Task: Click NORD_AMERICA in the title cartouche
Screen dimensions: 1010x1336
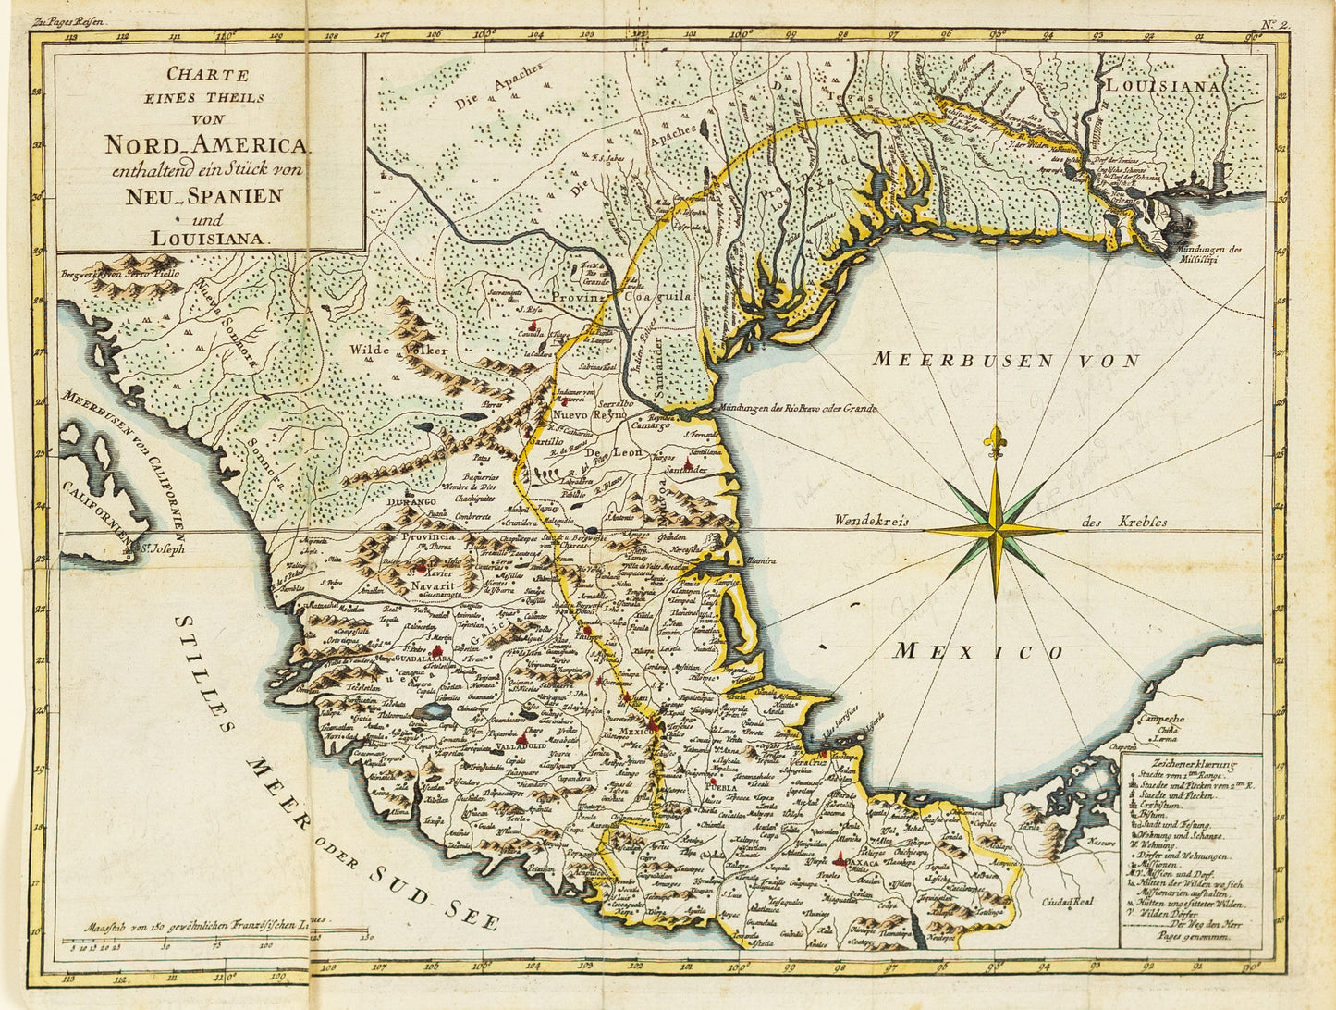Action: click(208, 145)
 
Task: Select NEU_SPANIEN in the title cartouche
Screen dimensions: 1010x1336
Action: click(204, 195)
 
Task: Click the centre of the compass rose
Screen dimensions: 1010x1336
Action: click(996, 530)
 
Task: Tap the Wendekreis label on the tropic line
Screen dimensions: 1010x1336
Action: click(872, 522)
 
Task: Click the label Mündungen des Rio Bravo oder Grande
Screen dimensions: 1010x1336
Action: click(796, 407)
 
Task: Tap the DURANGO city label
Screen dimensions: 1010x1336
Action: click(411, 501)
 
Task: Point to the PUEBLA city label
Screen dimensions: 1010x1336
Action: click(721, 788)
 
